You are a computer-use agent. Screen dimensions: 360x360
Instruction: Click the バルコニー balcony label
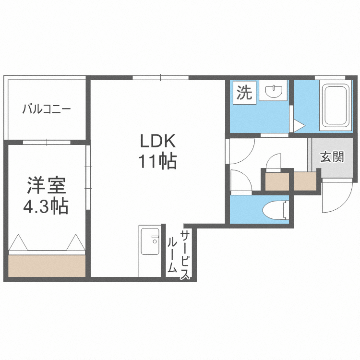pos(47,109)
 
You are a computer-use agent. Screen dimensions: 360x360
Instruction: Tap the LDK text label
pos(158,142)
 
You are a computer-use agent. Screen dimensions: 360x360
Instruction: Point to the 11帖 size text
pos(158,161)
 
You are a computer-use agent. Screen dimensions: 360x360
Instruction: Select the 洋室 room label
pos(46,185)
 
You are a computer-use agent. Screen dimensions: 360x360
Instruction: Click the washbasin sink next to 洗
pos(273,91)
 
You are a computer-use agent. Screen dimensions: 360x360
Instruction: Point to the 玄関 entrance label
pos(332,157)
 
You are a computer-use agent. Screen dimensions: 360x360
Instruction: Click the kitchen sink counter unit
pos(149,250)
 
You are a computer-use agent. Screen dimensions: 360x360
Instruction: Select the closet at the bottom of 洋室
pos(47,265)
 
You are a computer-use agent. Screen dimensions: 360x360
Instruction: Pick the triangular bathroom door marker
pos(299,126)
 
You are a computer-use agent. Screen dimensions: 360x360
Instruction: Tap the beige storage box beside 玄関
pos(304,181)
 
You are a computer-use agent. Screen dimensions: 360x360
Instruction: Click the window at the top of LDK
pos(160,77)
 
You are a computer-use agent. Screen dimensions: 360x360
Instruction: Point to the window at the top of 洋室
pos(47,142)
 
